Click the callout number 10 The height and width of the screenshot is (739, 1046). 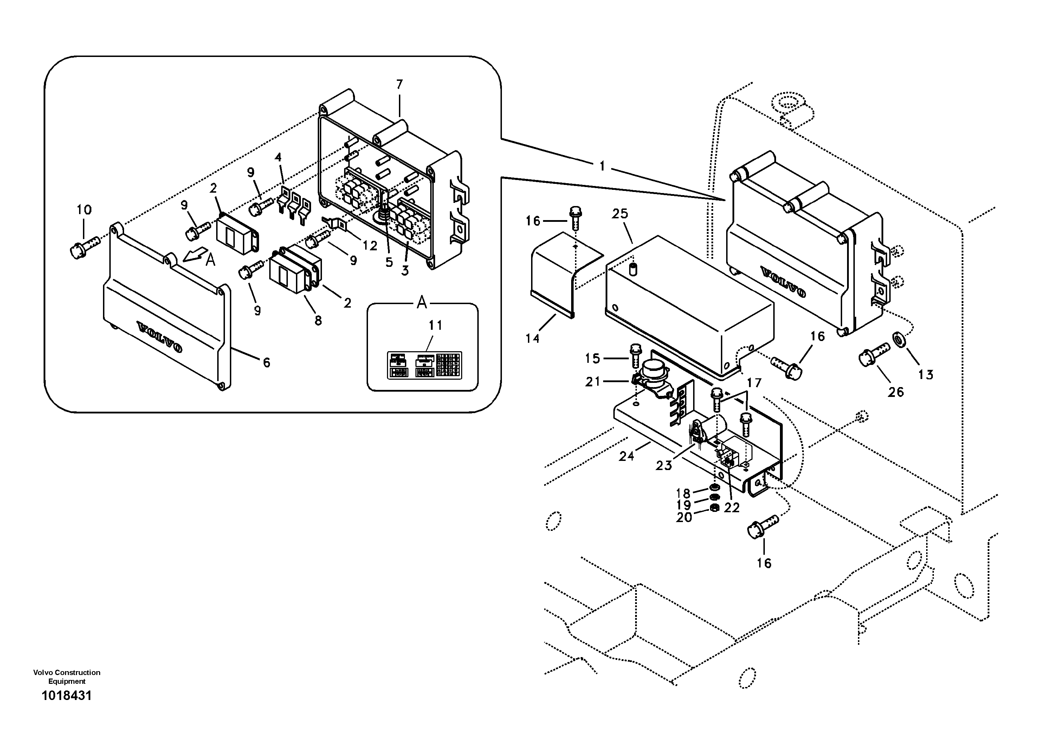tap(84, 210)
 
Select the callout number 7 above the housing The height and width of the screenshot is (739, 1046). tap(400, 84)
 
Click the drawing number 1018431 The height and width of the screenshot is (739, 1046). tap(66, 696)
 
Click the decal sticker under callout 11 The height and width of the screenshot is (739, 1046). tap(424, 365)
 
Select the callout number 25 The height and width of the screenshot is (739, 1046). tap(620, 214)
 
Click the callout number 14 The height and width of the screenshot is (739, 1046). tap(532, 339)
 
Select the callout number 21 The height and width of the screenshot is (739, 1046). tap(592, 381)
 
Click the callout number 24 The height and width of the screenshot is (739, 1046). tap(626, 456)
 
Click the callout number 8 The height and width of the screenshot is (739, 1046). tap(318, 320)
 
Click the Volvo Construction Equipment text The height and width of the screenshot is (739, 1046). tap(66, 676)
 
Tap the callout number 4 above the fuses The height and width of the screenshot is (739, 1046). tap(278, 158)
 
